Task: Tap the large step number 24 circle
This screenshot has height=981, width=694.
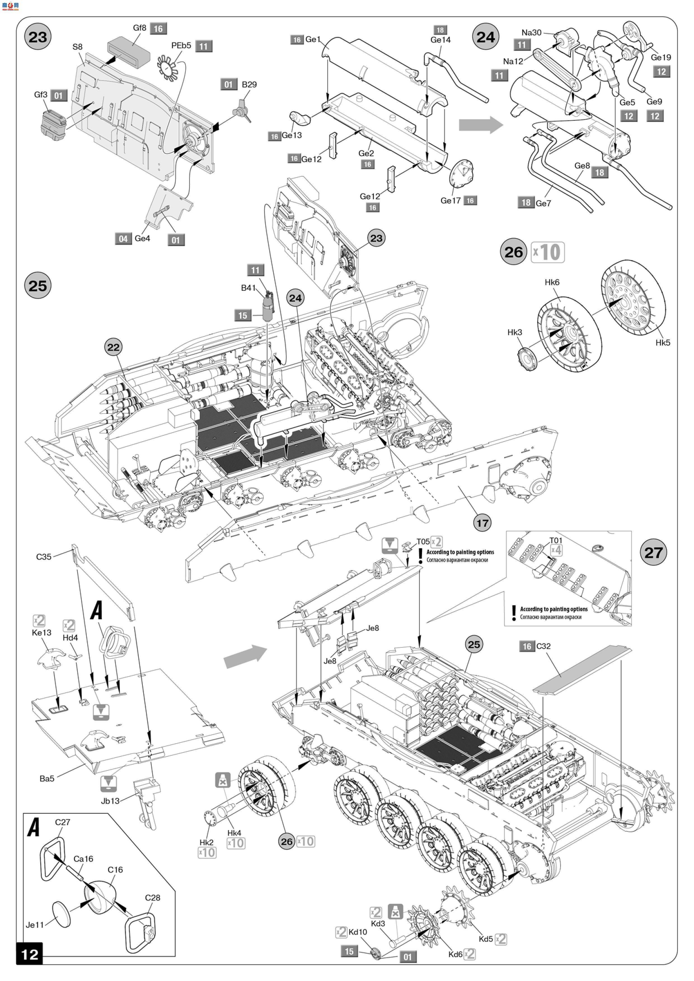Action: [486, 37]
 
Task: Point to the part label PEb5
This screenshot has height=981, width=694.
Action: [181, 46]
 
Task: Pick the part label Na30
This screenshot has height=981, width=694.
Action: [531, 32]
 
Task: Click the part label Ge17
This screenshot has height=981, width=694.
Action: [450, 201]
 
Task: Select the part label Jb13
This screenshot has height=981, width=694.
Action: [110, 801]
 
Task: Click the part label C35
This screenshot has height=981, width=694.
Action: [44, 557]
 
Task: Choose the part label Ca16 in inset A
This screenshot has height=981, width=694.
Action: [83, 859]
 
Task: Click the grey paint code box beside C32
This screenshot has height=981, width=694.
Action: [527, 647]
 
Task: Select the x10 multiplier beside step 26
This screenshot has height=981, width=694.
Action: [548, 252]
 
